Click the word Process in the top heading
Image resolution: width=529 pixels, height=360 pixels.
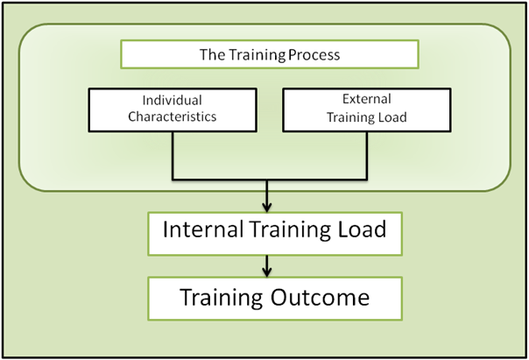click(x=316, y=55)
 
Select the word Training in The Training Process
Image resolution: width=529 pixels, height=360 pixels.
click(x=258, y=55)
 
